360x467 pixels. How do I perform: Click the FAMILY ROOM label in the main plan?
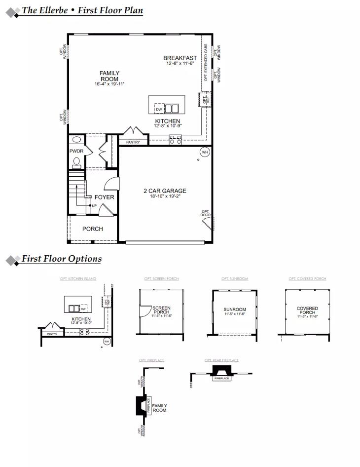click(x=109, y=76)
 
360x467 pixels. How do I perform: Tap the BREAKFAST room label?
click(x=180, y=58)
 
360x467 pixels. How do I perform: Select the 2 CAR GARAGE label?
click(x=165, y=191)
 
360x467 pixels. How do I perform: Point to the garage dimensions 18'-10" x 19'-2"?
click(x=165, y=196)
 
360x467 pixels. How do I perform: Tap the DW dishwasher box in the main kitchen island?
click(x=159, y=109)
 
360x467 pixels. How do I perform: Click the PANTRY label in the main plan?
click(x=133, y=142)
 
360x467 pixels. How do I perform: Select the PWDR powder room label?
click(x=76, y=151)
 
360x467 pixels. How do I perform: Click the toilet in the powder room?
click(x=76, y=161)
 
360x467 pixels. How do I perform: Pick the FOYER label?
click(x=104, y=197)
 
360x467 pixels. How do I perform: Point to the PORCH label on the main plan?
click(x=92, y=229)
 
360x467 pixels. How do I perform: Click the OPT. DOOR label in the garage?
click(x=206, y=213)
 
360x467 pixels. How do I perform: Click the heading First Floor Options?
click(x=62, y=259)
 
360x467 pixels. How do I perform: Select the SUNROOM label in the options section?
click(x=234, y=310)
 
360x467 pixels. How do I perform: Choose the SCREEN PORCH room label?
click(x=161, y=310)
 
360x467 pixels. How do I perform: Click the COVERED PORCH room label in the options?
click(x=307, y=311)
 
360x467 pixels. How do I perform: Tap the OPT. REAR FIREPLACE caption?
click(x=221, y=360)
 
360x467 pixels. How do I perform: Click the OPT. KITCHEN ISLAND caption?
click(x=78, y=279)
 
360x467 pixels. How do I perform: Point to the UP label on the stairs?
click(x=94, y=206)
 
